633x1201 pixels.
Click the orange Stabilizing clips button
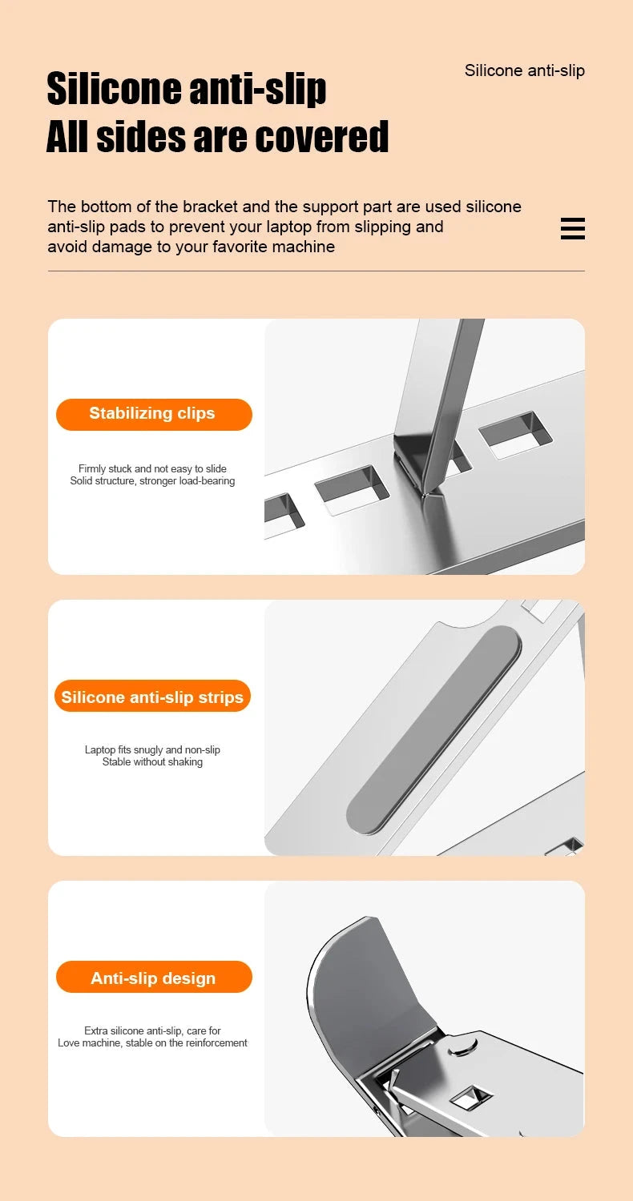click(153, 414)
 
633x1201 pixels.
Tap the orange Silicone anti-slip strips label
click(152, 697)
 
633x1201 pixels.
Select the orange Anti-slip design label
click(153, 978)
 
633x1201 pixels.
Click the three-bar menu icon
click(572, 228)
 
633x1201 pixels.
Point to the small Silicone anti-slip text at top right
click(524, 70)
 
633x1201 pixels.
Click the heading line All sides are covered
click(217, 136)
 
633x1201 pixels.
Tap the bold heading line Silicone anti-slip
click(187, 88)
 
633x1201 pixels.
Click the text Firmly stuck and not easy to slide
click(152, 468)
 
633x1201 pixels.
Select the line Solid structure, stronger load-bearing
click(152, 481)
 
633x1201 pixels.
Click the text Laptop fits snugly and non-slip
click(152, 749)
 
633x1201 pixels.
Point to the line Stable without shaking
click(152, 762)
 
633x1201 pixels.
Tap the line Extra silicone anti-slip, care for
click(152, 1030)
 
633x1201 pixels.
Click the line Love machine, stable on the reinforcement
click(152, 1043)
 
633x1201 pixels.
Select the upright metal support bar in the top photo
click(441, 392)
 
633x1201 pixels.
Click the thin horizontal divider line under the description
click(316, 271)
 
